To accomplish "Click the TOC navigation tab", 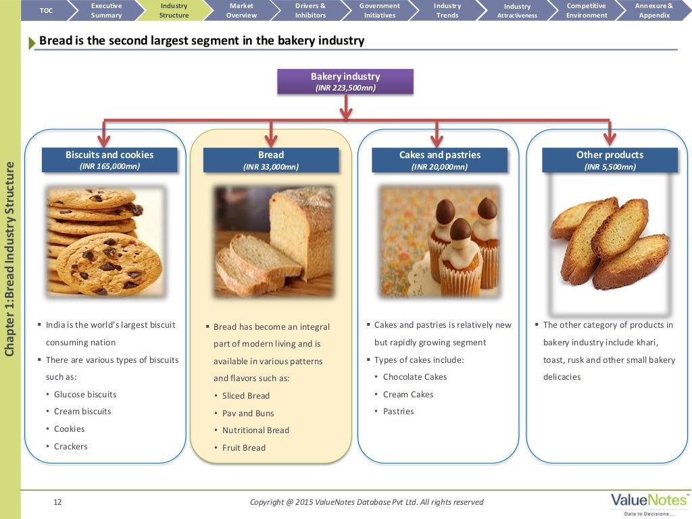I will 46,10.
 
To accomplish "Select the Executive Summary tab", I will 106,10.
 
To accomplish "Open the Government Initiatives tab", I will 379,10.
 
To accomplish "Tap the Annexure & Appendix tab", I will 653,10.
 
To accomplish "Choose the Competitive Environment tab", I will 586,10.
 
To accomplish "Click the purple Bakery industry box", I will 345,81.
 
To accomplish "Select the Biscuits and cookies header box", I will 109,160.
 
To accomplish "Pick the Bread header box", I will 271,160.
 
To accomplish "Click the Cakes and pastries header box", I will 439,160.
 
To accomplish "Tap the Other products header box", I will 610,160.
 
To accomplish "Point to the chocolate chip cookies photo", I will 104,241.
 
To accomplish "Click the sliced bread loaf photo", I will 274,241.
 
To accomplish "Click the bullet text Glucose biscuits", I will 85,395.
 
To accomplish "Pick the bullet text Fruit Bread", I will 244,448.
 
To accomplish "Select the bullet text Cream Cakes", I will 408,395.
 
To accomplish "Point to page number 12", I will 57,502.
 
